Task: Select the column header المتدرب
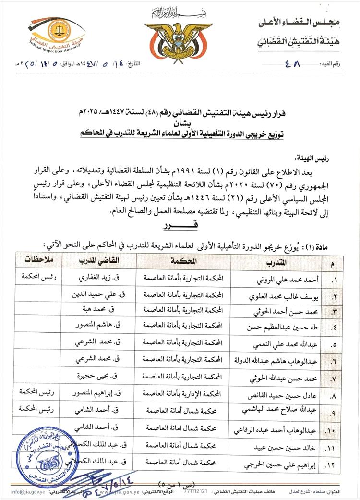[x=276, y=261]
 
